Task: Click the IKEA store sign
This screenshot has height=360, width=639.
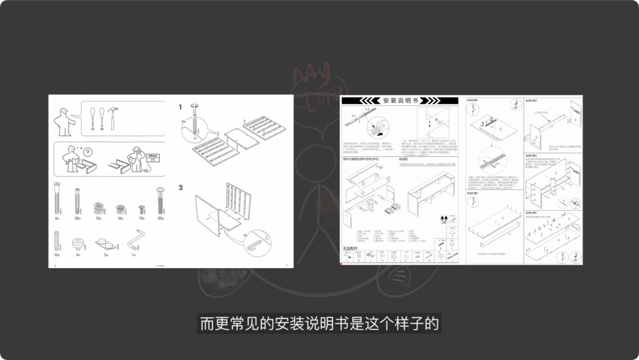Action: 152,158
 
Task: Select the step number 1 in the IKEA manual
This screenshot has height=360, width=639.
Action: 180,107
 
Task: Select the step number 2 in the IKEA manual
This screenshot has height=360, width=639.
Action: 181,188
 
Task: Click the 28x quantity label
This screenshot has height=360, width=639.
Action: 77,218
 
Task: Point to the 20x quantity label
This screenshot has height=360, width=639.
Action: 160,218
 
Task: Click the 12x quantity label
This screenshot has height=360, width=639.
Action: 98,218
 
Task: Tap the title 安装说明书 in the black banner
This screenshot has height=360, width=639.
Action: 400,101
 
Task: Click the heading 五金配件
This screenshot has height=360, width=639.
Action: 351,247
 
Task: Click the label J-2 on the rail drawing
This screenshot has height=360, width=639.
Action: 367,110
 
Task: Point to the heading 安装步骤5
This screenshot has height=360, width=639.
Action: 532,211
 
